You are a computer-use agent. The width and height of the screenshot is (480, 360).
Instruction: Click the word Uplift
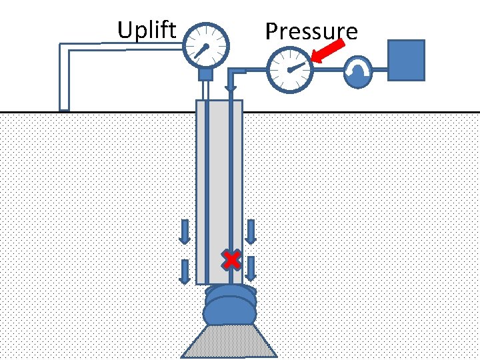pyautogui.click(x=147, y=30)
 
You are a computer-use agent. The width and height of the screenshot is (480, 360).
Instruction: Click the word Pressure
pyautogui.click(x=311, y=31)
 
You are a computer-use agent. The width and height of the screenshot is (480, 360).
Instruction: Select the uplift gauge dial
pyautogui.click(x=205, y=46)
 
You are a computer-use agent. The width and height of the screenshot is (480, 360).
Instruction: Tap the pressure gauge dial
pyautogui.click(x=289, y=69)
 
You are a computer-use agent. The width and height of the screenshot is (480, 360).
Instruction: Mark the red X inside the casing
pyautogui.click(x=231, y=259)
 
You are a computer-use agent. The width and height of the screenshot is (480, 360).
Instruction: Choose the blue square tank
pyautogui.click(x=406, y=60)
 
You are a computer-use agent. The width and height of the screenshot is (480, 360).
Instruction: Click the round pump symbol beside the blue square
pyautogui.click(x=359, y=71)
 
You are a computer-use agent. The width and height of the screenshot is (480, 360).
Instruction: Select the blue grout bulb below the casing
pyautogui.click(x=231, y=307)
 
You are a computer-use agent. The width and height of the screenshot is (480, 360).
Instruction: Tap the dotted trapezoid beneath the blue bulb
pyautogui.click(x=230, y=341)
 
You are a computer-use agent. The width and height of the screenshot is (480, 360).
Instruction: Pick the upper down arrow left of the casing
pyautogui.click(x=185, y=231)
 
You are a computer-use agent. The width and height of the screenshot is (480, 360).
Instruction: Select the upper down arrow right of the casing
pyautogui.click(x=251, y=231)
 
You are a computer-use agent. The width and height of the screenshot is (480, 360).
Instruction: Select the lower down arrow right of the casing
pyautogui.click(x=251, y=268)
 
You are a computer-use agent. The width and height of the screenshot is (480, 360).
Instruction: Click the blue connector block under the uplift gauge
pyautogui.click(x=205, y=74)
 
